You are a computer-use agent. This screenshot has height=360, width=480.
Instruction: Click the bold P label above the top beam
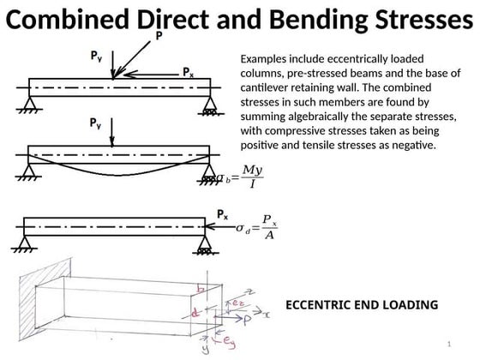(x=158, y=36)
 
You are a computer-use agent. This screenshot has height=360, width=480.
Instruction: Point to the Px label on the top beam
(x=188, y=74)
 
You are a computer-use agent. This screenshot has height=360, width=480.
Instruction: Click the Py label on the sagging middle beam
(x=99, y=124)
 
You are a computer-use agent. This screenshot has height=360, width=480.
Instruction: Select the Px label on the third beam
(x=222, y=214)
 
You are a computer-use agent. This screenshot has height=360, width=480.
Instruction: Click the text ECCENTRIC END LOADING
(x=361, y=304)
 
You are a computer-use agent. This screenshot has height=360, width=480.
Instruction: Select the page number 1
(x=447, y=344)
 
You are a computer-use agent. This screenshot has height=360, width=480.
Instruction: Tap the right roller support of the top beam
(x=208, y=106)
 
